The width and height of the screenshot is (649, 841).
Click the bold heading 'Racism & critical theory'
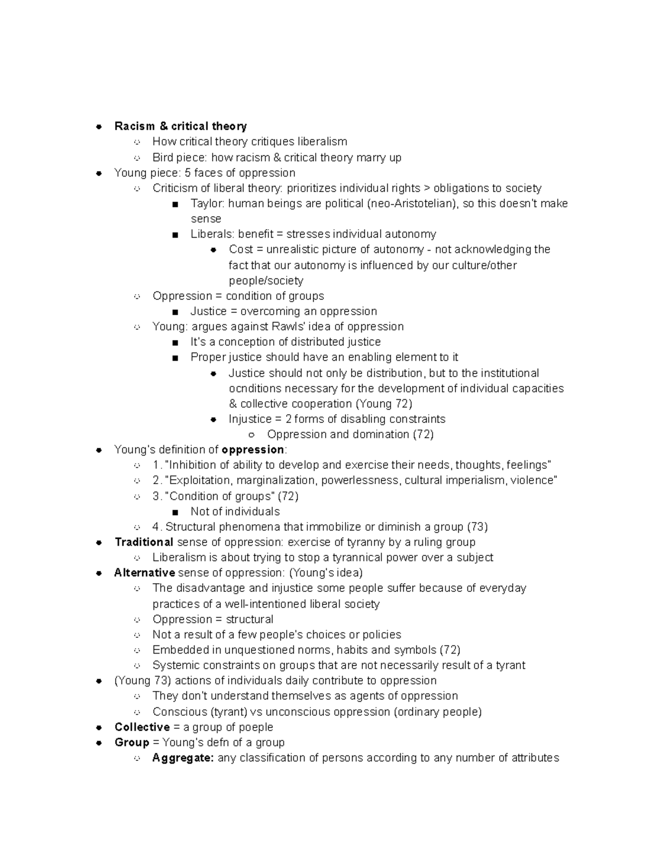(x=181, y=126)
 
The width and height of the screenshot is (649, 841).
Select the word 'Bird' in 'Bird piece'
(x=163, y=158)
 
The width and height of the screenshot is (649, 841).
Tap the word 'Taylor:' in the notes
(x=207, y=204)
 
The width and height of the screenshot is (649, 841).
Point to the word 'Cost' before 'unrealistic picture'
(x=241, y=250)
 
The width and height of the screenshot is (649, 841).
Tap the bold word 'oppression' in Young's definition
(x=253, y=450)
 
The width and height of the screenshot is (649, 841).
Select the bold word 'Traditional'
(x=144, y=542)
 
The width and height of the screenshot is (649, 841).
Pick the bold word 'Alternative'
(x=144, y=573)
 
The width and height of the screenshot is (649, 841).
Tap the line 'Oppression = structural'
(x=213, y=619)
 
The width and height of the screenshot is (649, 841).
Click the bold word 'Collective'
(x=142, y=727)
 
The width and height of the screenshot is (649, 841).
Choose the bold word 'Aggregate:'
(x=183, y=758)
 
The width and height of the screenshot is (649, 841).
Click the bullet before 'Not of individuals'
(x=174, y=512)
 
